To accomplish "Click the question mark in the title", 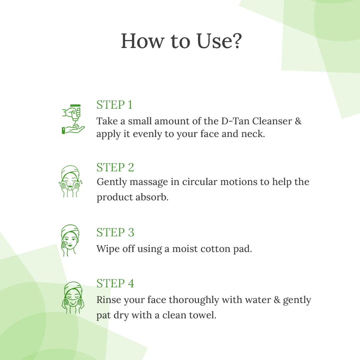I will pos(235,41).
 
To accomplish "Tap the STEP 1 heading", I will pos(114,105).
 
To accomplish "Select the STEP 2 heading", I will pos(115,167).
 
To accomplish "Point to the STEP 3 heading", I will pos(115,232).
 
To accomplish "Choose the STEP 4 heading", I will pos(115,283).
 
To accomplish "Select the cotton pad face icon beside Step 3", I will pos(70,240).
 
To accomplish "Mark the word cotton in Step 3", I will pos(214,249).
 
